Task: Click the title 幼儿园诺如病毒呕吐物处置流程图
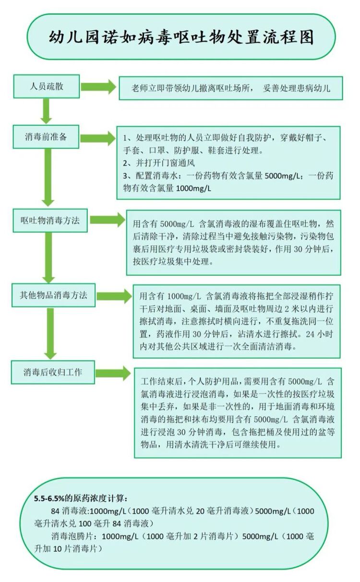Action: pyautogui.click(x=181, y=37)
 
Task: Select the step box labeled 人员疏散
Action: pyautogui.click(x=47, y=87)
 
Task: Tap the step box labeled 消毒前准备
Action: pyautogui.click(x=47, y=137)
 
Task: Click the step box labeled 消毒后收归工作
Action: pyautogui.click(x=53, y=372)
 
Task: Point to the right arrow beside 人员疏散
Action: pyautogui.click(x=98, y=87)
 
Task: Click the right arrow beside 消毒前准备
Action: pyautogui.click(x=98, y=137)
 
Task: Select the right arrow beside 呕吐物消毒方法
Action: pyautogui.click(x=107, y=220)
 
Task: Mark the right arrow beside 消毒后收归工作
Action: pyautogui.click(x=112, y=373)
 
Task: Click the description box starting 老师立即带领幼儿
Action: pyautogui.click(x=230, y=88)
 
